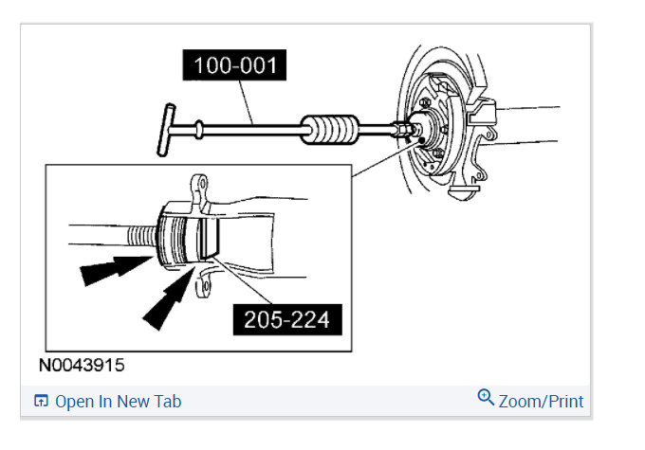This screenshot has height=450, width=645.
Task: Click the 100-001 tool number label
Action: click(234, 65)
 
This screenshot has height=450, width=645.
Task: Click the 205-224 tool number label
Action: click(287, 319)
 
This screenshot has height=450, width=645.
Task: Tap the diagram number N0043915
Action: click(82, 365)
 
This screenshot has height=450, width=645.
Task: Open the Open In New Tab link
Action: click(118, 402)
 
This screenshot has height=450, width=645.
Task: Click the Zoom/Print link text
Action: click(541, 402)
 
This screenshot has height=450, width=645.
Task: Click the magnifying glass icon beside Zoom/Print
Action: click(486, 397)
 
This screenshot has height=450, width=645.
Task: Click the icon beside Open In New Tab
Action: click(41, 401)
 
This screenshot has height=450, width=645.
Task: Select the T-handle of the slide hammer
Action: click(166, 130)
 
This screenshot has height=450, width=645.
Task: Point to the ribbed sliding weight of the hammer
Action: click(329, 130)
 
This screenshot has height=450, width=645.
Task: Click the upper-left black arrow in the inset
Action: click(116, 269)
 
